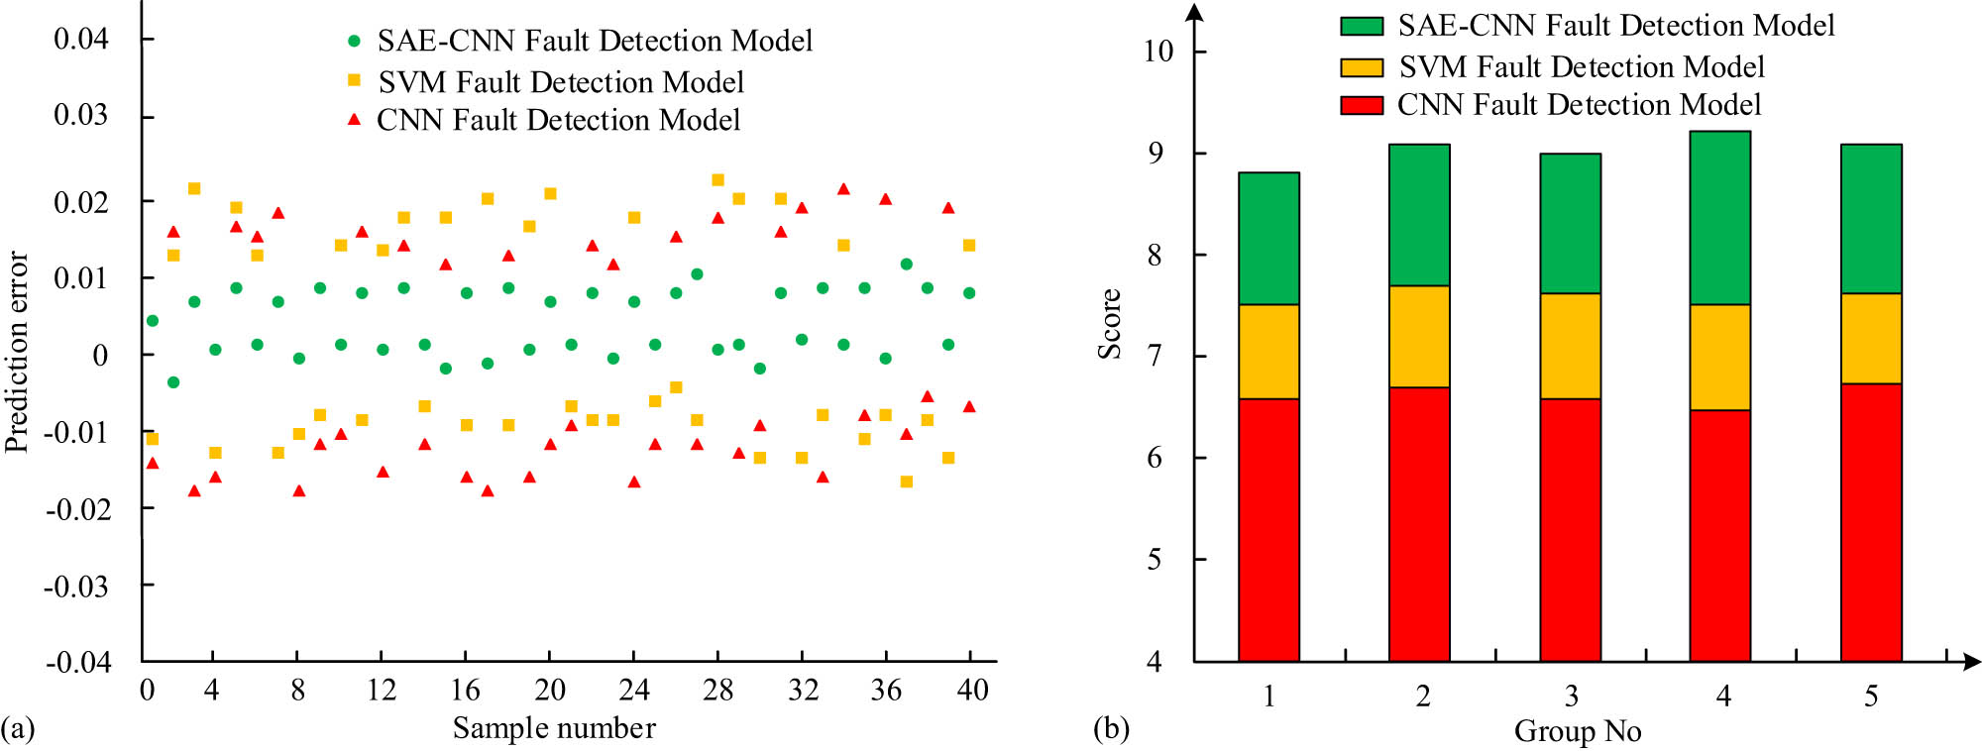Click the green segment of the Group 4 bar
(x=1719, y=218)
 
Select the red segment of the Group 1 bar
(x=1268, y=530)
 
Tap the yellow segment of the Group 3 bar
(x=1570, y=346)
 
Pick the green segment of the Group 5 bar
(x=1871, y=219)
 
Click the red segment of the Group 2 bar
(x=1419, y=524)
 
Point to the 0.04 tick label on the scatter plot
(x=81, y=40)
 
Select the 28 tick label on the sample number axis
(x=717, y=691)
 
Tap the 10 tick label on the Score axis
(x=1158, y=52)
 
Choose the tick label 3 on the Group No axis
(x=1572, y=697)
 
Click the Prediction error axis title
(x=17, y=353)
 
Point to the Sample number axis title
(x=554, y=728)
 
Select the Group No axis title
(x=1578, y=731)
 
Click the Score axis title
(x=1110, y=324)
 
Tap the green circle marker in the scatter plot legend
(x=354, y=41)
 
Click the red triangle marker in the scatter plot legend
(x=354, y=120)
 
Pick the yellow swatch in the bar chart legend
(x=1361, y=67)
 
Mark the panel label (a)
(x=18, y=729)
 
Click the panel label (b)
(x=1111, y=729)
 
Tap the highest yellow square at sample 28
(x=717, y=180)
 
